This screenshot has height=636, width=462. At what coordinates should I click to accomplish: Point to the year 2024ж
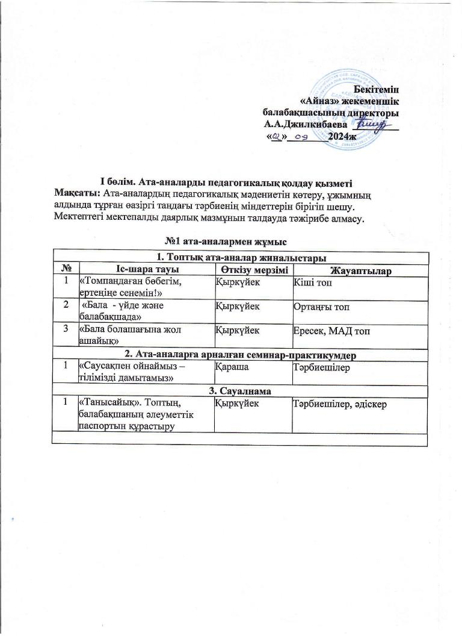click(343, 137)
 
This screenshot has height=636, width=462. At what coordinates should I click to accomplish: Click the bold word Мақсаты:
click(78, 193)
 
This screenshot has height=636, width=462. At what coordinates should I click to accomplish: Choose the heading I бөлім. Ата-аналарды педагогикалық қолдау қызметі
click(226, 182)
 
